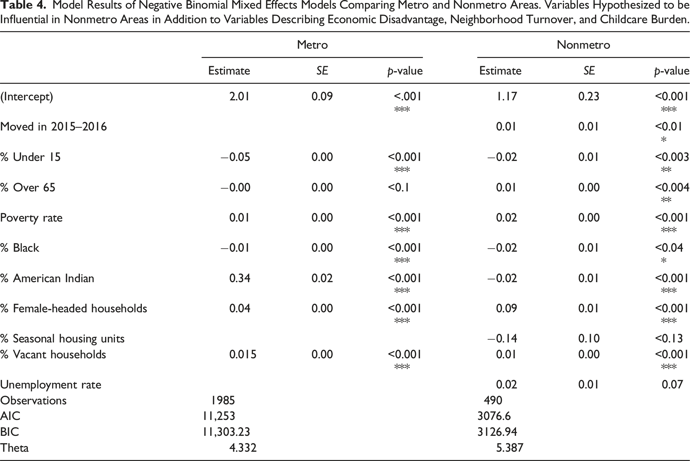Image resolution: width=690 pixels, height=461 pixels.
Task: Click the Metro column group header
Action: pyautogui.click(x=312, y=45)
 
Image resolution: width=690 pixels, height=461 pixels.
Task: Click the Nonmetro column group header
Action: pyautogui.click(x=583, y=45)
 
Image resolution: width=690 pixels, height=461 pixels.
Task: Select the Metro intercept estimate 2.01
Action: pyautogui.click(x=239, y=96)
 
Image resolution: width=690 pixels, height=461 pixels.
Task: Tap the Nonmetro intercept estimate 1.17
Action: pyautogui.click(x=506, y=96)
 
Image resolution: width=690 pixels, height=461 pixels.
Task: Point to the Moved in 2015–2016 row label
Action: pyautogui.click(x=54, y=127)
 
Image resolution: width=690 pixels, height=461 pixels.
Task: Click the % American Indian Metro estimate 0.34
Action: pyautogui.click(x=240, y=278)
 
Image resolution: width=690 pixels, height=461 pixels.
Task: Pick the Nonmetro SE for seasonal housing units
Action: pyautogui.click(x=589, y=338)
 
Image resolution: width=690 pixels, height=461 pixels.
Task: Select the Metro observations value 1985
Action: pyautogui.click(x=223, y=400)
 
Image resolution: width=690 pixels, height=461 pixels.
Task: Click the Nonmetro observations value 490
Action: pyautogui.click(x=493, y=400)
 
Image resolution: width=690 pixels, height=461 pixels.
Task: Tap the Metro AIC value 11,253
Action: pyautogui.click(x=219, y=416)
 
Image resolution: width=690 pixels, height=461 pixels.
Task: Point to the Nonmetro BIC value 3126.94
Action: pyautogui.click(x=497, y=432)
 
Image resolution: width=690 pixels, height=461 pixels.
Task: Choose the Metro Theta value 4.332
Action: pyautogui.click(x=243, y=448)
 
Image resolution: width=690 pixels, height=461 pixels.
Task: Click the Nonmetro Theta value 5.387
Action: pyautogui.click(x=510, y=448)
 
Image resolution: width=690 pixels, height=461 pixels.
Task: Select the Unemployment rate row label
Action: pyautogui.click(x=51, y=385)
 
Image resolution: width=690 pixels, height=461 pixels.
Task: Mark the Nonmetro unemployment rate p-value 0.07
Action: pyautogui.click(x=672, y=384)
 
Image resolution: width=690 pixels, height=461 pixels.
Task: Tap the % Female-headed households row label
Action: pyautogui.click(x=74, y=308)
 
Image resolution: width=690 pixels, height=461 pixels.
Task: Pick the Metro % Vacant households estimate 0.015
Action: pyautogui.click(x=243, y=354)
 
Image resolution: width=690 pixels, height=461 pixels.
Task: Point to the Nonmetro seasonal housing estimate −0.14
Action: pyautogui.click(x=502, y=338)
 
